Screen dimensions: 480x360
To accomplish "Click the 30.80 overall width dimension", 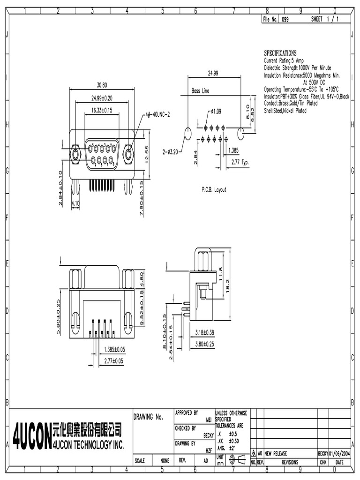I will [x=102, y=85].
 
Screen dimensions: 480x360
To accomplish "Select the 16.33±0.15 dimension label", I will [x=101, y=110].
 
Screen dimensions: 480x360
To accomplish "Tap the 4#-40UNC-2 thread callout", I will [x=157, y=114].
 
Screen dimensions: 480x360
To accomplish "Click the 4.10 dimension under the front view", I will [x=75, y=203].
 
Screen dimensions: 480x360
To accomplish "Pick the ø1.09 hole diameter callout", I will [x=216, y=111].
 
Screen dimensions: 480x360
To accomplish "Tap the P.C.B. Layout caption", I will [x=213, y=190].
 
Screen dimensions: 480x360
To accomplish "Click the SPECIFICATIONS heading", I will [x=280, y=53].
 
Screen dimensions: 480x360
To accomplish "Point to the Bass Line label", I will [x=200, y=91].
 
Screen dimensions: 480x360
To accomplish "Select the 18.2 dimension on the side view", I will [x=227, y=285].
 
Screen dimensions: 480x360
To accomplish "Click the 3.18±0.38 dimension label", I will [x=205, y=332].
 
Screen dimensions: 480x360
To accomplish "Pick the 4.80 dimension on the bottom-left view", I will [x=142, y=279].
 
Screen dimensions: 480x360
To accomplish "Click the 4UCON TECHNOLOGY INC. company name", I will [x=89, y=444].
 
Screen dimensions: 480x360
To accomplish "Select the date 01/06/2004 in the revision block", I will [x=340, y=453].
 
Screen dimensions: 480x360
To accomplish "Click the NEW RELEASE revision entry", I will [x=276, y=453].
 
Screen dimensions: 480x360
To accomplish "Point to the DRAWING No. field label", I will [x=148, y=417].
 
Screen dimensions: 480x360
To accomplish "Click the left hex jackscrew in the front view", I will [x=74, y=154].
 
